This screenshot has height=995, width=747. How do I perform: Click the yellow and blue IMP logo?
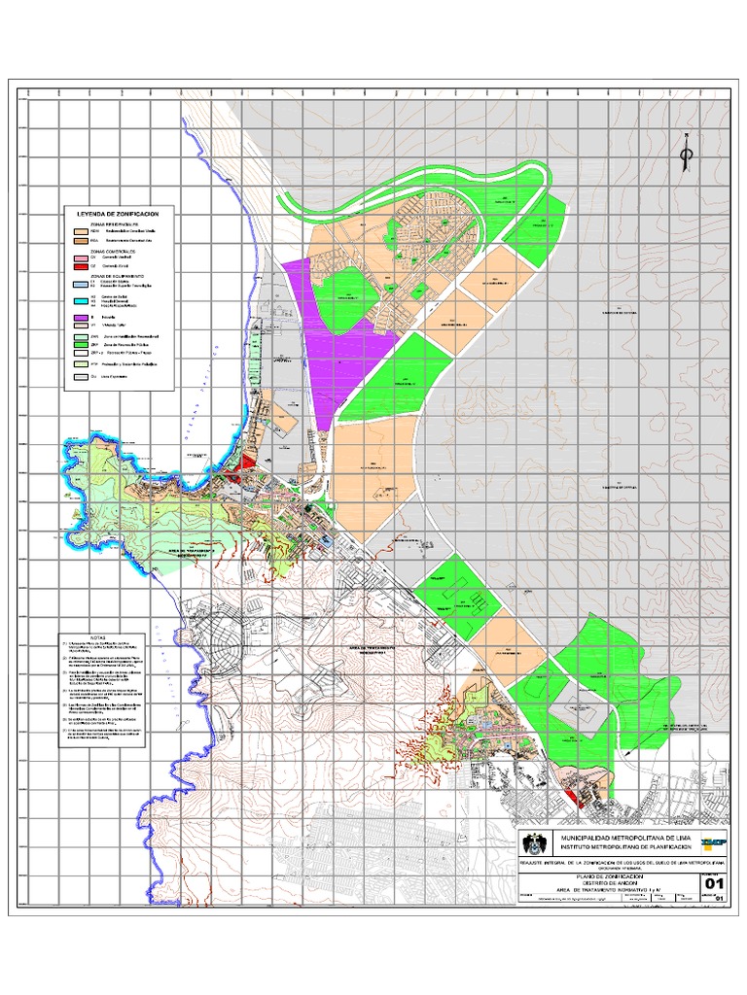(x=713, y=842)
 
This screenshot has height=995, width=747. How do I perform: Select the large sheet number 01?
(x=714, y=883)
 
